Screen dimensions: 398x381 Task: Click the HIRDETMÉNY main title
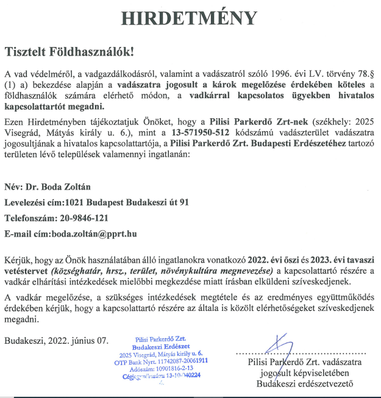click(190, 18)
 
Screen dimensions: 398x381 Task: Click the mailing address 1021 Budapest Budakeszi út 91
click(138, 202)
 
